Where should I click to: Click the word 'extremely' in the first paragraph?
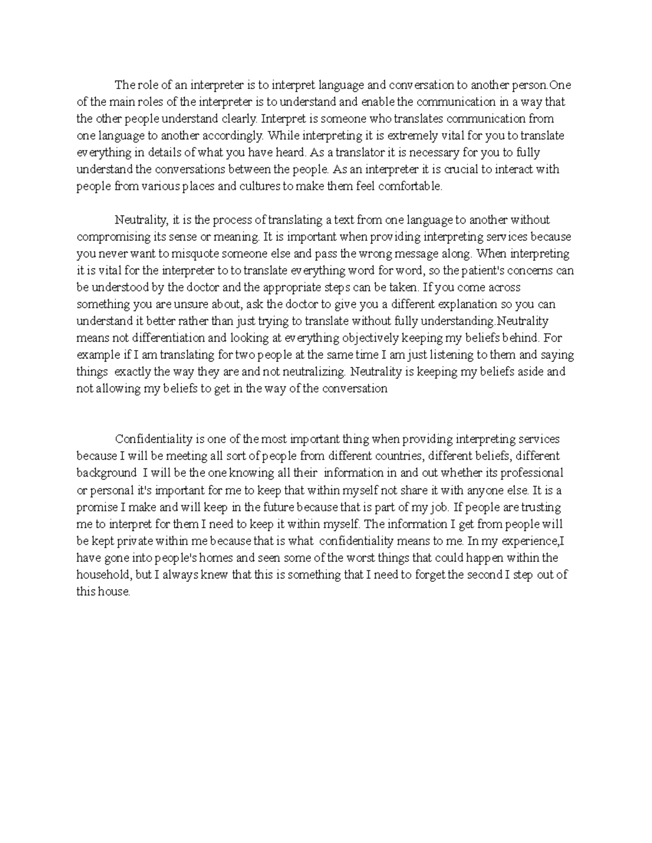coord(413,136)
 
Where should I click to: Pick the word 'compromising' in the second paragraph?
coord(109,237)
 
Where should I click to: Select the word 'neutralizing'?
coord(314,372)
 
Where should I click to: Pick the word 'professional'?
coord(534,473)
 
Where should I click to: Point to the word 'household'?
coord(103,575)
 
